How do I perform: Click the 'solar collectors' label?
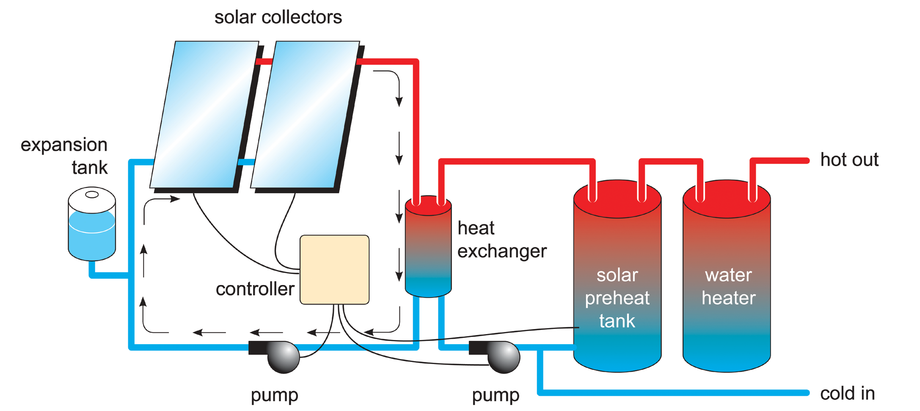[x=278, y=17]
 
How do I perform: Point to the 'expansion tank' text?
[x=64, y=156]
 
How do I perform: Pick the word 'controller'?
[x=255, y=289]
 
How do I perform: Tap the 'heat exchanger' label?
[x=502, y=239]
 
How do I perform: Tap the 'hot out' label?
[x=849, y=160]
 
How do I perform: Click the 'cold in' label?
[x=847, y=394]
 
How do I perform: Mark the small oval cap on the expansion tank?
[x=92, y=195]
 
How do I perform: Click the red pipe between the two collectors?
[x=264, y=62]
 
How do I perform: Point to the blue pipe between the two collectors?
[x=247, y=162]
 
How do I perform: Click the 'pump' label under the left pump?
[x=274, y=395]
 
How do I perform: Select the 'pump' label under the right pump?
[x=496, y=395]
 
